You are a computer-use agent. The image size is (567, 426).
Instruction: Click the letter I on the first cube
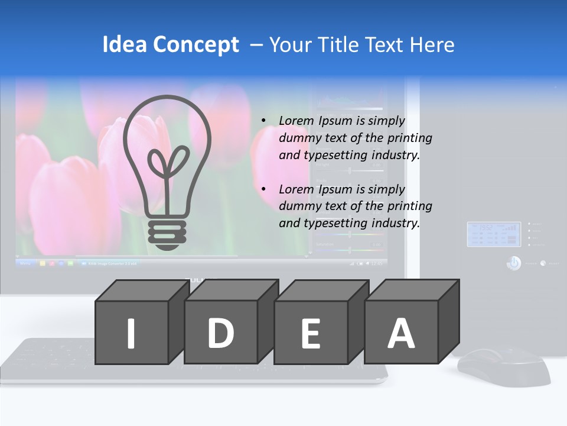(131, 333)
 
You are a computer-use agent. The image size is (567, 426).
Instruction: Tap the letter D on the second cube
(220, 333)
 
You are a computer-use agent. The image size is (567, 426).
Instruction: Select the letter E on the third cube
(311, 334)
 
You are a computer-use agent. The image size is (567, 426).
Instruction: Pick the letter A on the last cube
(401, 333)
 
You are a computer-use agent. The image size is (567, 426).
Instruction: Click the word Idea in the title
(123, 45)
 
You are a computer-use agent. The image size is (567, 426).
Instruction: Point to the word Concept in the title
(196, 46)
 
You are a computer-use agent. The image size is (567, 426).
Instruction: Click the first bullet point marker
(263, 121)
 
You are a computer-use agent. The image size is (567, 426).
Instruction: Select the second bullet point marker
(263, 190)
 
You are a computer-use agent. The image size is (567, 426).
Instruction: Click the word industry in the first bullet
(395, 155)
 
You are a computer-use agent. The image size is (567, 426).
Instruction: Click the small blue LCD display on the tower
(494, 234)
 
